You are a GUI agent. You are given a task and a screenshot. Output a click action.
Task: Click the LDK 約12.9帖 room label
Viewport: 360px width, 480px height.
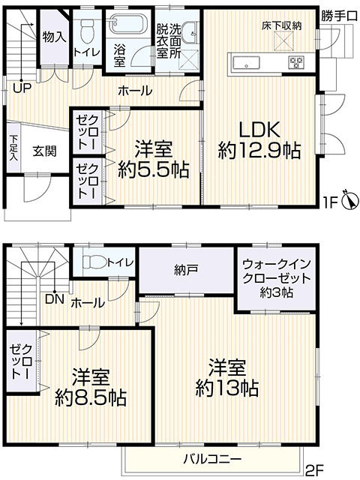[259, 139]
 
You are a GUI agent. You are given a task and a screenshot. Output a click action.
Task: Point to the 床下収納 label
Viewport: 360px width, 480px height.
[281, 26]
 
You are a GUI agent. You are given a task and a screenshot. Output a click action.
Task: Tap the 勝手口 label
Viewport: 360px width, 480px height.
[339, 16]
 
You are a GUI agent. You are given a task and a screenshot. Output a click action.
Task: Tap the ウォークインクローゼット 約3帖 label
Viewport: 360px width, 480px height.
[271, 277]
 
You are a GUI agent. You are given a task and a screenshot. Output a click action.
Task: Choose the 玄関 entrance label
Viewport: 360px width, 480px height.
[43, 150]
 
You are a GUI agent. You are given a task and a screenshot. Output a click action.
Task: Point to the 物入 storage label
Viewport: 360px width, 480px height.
[54, 35]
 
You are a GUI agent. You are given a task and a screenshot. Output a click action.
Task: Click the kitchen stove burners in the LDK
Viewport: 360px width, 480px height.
[295, 61]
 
